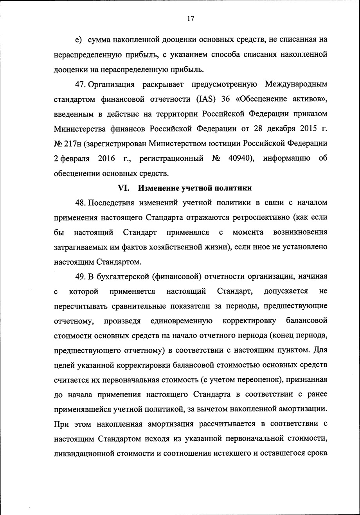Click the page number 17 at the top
click(x=191, y=18)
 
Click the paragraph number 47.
click(x=80, y=84)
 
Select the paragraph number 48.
click(x=80, y=203)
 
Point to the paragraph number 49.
click(x=80, y=276)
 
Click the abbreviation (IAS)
click(x=205, y=99)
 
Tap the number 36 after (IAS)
click(x=225, y=99)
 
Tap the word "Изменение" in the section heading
click(x=158, y=188)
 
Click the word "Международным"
click(x=296, y=84)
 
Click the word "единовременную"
click(x=182, y=321)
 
